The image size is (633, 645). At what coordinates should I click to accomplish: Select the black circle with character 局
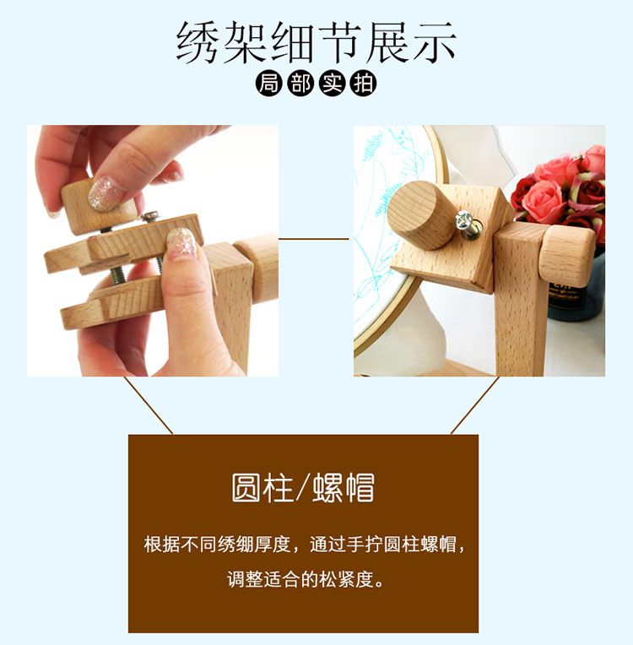268,84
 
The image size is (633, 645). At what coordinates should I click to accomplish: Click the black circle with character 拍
364,84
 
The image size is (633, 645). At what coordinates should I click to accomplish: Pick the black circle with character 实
332,84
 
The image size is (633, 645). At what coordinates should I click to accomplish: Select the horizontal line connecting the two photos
315,238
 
